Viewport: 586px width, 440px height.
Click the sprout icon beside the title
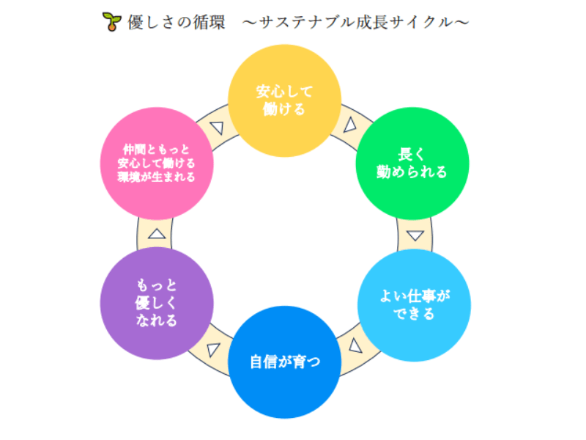[x=110, y=22]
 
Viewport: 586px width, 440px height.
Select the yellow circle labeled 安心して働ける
[x=284, y=100]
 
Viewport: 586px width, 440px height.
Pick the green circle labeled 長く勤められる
[x=412, y=163]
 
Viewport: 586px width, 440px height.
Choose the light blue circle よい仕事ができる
[x=414, y=304]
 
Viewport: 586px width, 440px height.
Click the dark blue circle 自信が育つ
[x=284, y=362]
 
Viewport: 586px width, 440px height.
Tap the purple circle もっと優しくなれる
[x=156, y=303]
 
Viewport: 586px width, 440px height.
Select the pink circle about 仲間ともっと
[x=156, y=163]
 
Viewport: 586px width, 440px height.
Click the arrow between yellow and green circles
[x=349, y=124]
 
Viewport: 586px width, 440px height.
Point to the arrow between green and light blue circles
[x=415, y=235]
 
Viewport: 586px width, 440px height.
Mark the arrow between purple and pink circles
[x=156, y=234]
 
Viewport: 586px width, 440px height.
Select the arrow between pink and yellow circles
[x=216, y=126]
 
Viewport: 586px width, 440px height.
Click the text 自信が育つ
[x=284, y=362]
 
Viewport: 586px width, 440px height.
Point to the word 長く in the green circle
[x=412, y=155]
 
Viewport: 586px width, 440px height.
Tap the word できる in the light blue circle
[x=414, y=314]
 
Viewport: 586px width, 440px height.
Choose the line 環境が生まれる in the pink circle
[x=156, y=177]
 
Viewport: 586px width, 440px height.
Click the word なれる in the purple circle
[x=156, y=320]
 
